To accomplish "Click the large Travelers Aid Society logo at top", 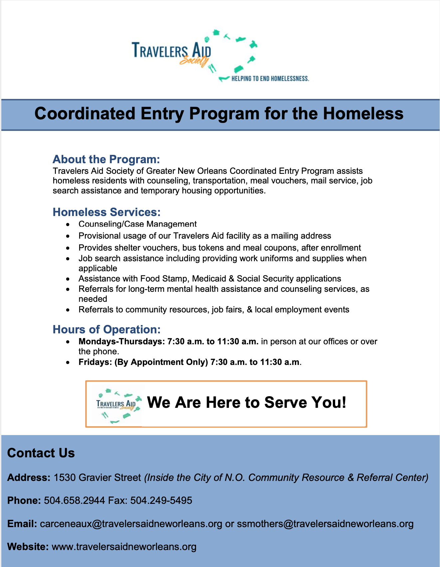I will click(x=195, y=55).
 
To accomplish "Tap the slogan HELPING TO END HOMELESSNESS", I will click(x=270, y=79).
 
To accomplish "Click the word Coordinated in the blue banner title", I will click(x=85, y=113).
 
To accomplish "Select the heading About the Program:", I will click(x=106, y=159).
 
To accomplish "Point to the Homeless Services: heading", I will click(x=107, y=212).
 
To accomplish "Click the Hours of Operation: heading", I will click(x=107, y=329).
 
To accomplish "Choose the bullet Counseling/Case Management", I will click(x=137, y=224).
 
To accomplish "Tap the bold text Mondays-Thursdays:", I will click(x=121, y=341).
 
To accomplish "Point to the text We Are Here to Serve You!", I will click(x=247, y=402).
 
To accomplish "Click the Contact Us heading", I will click(x=41, y=453).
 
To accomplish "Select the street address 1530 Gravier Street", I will click(x=97, y=478).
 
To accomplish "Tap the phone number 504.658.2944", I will click(x=74, y=500).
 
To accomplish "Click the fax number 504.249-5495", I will click(x=161, y=500).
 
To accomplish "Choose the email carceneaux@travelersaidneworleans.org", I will click(x=131, y=524).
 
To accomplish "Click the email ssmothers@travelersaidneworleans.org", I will click(x=325, y=524).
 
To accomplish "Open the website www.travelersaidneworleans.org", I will click(x=124, y=546).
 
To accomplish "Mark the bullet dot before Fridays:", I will click(x=68, y=362).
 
